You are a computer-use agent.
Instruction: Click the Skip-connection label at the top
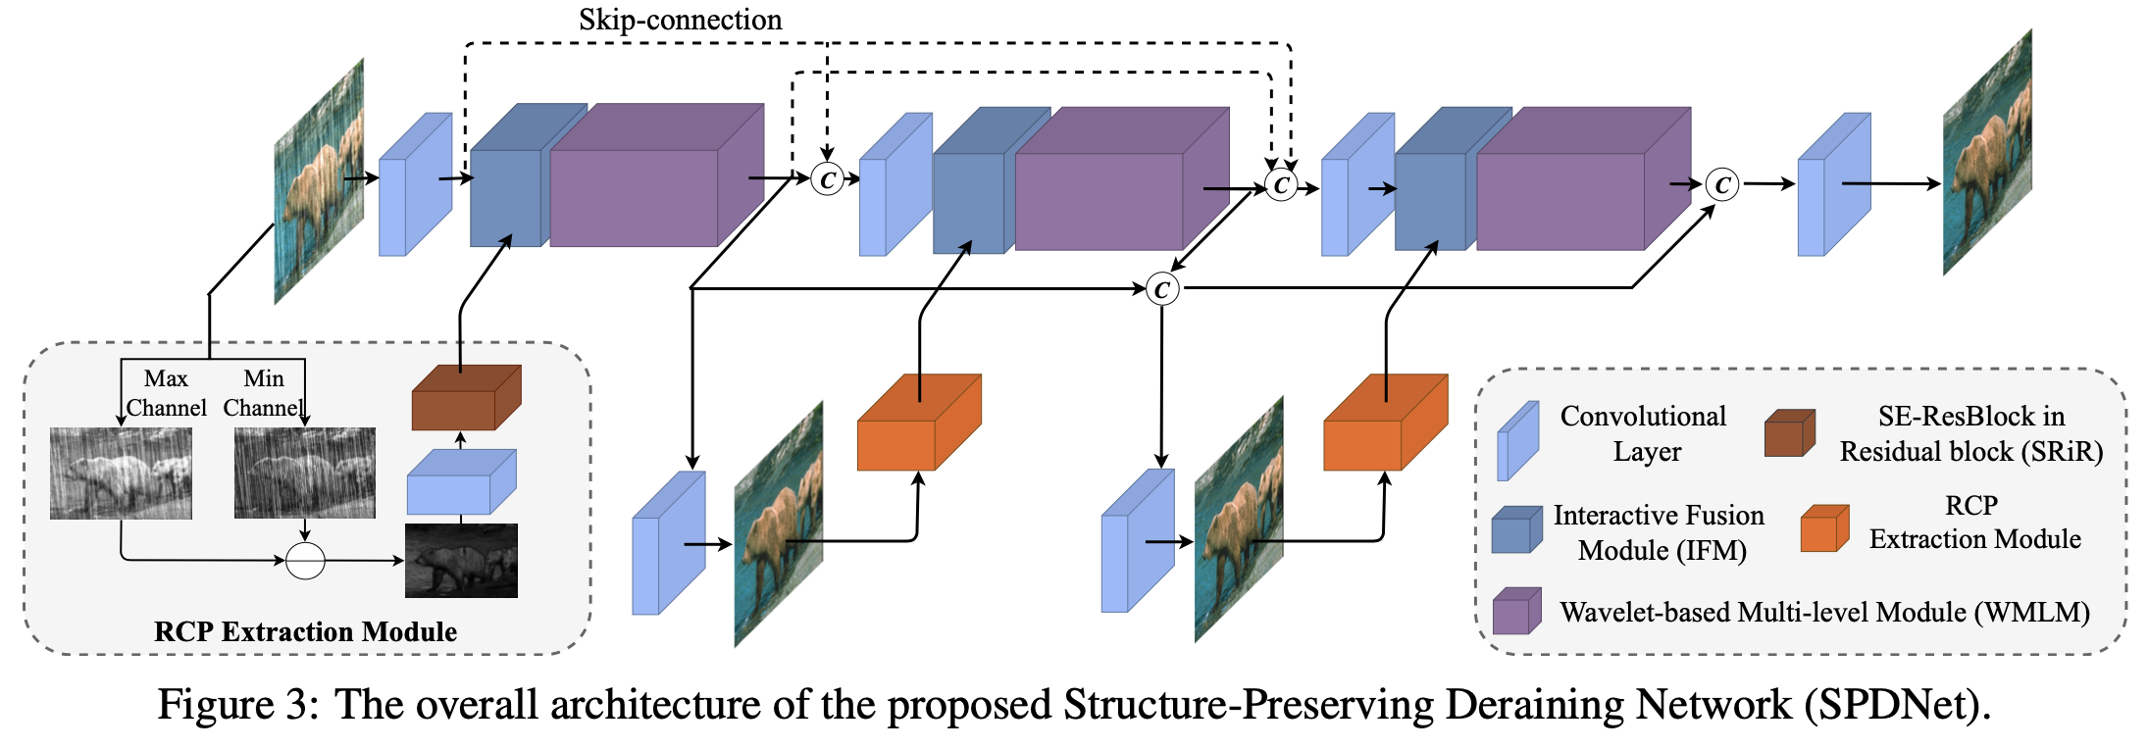pos(680,20)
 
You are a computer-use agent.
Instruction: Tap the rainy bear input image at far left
pos(319,181)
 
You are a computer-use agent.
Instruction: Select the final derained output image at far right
pos(1987,153)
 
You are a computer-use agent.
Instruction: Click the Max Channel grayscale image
pos(121,474)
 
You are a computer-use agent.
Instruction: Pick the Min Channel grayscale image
pos(304,474)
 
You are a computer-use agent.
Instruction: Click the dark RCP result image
pos(461,561)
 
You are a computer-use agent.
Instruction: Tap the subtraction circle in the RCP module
pos(305,561)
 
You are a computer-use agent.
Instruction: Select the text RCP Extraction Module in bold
pos(305,631)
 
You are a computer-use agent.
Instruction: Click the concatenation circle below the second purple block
pos(1162,289)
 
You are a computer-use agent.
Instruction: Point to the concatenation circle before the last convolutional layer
pos(1721,184)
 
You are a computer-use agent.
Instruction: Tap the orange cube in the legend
pos(1824,529)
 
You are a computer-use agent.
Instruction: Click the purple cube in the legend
pos(1516,613)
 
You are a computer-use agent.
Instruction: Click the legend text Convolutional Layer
pos(1644,433)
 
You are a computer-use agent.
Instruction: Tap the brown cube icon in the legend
pos(1789,433)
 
